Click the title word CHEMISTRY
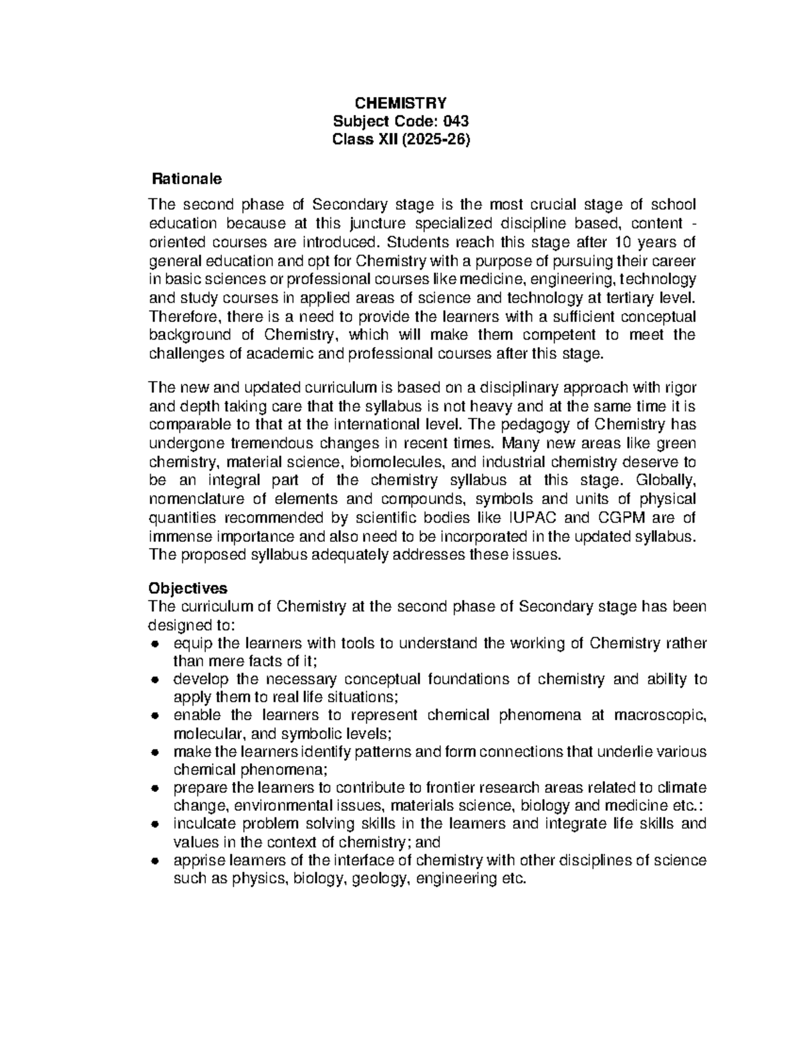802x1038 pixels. [400, 103]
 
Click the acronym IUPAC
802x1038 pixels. [531, 517]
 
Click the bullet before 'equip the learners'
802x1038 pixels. [154, 644]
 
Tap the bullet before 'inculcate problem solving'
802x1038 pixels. [154, 824]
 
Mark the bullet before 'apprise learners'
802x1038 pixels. [154, 861]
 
